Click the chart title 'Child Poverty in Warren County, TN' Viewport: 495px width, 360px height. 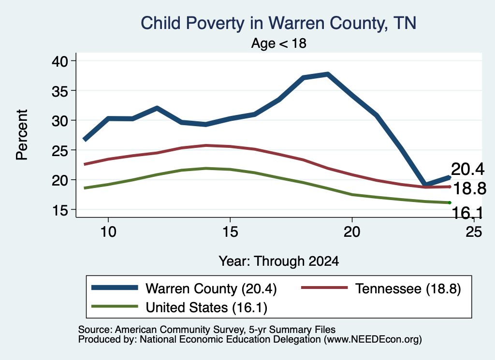pos(278,23)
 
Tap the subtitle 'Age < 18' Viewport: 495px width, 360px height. pos(279,43)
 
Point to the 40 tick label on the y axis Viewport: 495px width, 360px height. pos(60,61)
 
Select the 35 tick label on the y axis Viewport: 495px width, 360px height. pos(60,90)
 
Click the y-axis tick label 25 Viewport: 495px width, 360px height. pos(60,150)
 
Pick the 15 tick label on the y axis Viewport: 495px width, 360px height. pos(60,210)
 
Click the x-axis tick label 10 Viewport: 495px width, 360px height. pos(108,232)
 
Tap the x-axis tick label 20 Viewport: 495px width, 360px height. pos(352,232)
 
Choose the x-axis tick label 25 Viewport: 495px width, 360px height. pos(474,232)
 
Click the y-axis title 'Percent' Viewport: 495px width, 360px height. pos(22,135)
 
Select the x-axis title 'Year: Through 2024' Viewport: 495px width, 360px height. pos(279,261)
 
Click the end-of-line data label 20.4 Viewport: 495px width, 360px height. pos(468,169)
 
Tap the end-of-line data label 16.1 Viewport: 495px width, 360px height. pos(467,213)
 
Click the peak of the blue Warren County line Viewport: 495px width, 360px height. pos(328,74)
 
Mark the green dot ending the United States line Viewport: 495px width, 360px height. pos(450,202)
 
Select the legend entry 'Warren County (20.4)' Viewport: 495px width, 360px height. pos(184,288)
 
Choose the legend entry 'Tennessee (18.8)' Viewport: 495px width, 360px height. pos(381,288)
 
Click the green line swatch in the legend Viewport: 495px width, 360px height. pos(115,306)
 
